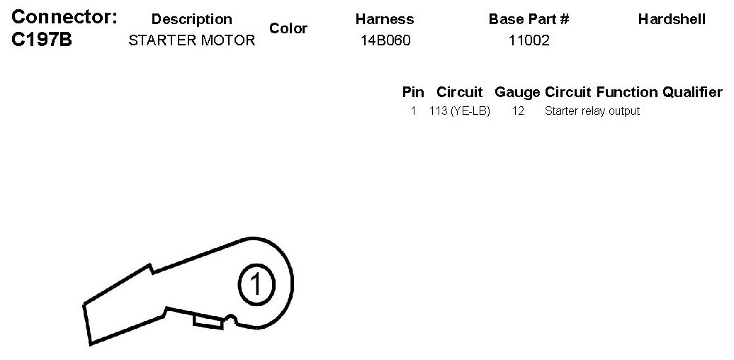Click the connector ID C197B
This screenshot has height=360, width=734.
42,40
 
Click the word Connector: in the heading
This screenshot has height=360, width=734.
64,17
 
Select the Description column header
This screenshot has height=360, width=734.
191,19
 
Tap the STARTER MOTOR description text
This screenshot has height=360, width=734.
191,40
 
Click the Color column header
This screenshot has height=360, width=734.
288,28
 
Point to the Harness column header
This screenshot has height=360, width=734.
385,19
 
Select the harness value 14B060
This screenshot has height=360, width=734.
385,40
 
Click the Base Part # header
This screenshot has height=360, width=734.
529,19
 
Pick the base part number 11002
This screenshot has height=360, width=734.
529,40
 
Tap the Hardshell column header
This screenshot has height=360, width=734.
672,19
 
